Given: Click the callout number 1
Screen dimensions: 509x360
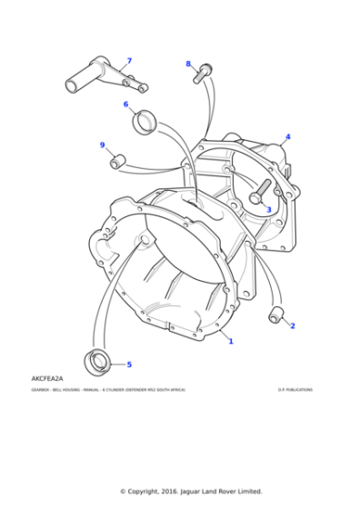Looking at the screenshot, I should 230,342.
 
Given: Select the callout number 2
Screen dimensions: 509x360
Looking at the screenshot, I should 292,325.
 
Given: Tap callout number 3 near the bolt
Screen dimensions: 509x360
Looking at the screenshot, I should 268,208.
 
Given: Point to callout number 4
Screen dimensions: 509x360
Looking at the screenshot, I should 287,137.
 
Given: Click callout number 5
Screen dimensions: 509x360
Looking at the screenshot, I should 128,364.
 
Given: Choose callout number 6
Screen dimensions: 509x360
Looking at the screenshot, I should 126,104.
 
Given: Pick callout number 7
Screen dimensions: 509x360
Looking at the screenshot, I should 129,61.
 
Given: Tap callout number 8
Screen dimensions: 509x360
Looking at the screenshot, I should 188,64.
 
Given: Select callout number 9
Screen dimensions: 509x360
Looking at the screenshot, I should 102,145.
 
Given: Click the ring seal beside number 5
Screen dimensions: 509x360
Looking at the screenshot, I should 96,361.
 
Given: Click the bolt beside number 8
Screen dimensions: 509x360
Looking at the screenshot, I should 202,73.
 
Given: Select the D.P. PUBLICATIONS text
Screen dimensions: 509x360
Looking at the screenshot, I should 295,390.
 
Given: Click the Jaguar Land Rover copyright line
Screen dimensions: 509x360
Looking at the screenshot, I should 179,491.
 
